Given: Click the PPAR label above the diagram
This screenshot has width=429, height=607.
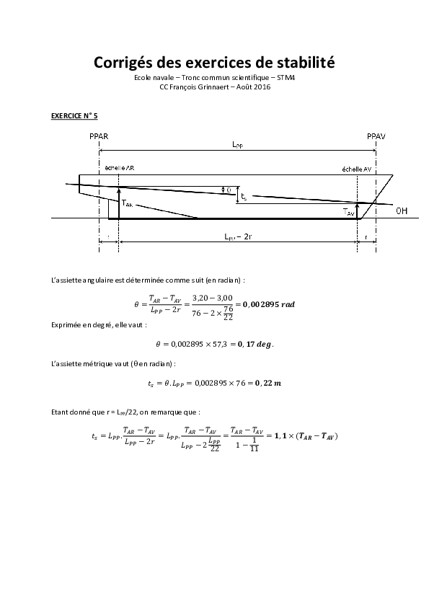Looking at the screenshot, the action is pos(99,136).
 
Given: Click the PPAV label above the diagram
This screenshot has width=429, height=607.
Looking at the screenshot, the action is pos(376,136).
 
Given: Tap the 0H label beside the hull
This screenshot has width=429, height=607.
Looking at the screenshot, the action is pos(402,211).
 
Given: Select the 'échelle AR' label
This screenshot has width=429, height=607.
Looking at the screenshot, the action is pos(119,167).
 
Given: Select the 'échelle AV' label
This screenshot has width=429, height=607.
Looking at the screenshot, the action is pos(356,169).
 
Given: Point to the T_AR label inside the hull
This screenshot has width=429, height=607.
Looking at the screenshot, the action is pos(128,204).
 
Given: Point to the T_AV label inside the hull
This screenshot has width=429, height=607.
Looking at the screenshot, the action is pos(349,212).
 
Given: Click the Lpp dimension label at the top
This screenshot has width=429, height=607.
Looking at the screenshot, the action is pos(237,144).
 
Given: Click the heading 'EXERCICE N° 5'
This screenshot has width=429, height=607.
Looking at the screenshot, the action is pos(74,115).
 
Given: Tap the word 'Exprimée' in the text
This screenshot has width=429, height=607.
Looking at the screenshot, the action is pos(66,325).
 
